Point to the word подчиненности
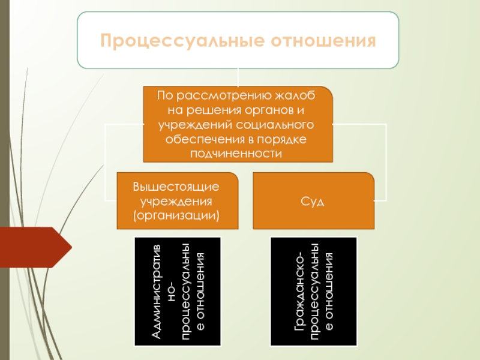point(238,153)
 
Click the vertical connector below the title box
point(238,77)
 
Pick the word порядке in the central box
point(284,139)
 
